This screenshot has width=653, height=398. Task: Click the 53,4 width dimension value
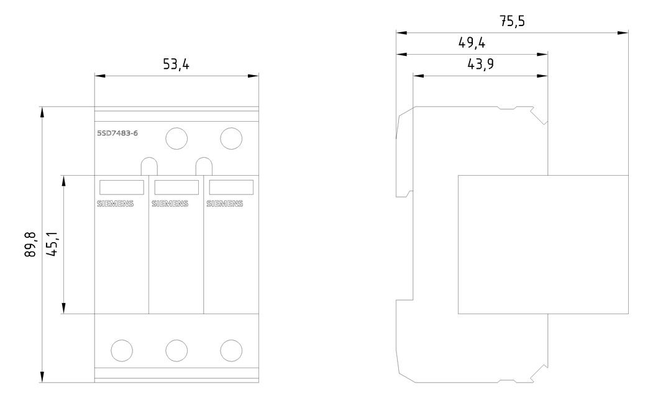pos(176,65)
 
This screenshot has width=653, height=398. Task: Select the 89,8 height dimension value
pos(30,245)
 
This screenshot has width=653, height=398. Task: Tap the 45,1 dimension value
pos(52,245)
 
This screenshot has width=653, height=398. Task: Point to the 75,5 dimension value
pos(512,21)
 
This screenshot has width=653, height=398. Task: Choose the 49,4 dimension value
pos(472,43)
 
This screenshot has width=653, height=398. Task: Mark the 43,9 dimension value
pos(481,64)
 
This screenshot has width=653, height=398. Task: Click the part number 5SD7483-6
pos(117,133)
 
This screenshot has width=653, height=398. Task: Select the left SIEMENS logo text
pos(116,204)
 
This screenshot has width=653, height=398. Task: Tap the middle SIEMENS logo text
pos(170,204)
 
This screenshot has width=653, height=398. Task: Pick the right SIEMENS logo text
pos(225,204)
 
